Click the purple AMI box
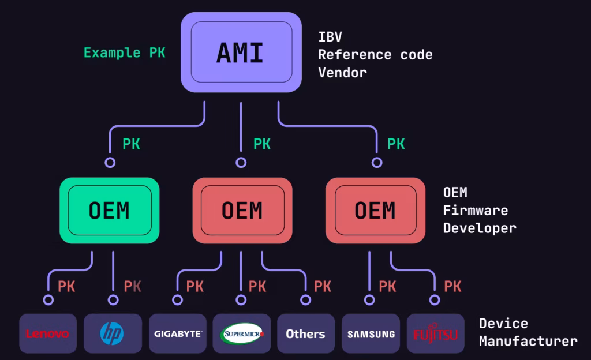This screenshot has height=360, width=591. (x=241, y=52)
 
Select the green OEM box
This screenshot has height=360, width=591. (x=110, y=210)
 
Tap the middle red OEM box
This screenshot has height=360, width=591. (x=242, y=210)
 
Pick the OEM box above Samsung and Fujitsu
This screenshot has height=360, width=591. (x=375, y=210)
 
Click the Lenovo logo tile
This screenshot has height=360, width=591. (x=48, y=333)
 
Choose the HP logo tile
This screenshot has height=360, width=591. (x=113, y=333)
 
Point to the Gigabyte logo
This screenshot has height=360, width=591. (x=178, y=333)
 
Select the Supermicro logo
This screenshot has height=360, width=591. (x=242, y=333)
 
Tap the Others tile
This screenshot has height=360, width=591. (x=305, y=333)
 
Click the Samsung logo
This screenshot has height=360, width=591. (x=371, y=333)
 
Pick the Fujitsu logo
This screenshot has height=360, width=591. (x=436, y=333)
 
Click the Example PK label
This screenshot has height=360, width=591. (x=124, y=52)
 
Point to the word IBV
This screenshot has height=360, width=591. (x=330, y=37)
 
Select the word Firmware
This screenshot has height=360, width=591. (x=476, y=210)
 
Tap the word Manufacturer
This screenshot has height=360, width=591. (x=528, y=341)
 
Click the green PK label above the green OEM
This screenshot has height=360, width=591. (x=131, y=144)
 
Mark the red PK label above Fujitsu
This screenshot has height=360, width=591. (x=452, y=286)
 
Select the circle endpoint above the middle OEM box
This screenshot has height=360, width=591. (x=241, y=163)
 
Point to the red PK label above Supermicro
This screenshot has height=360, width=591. (x=257, y=286)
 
